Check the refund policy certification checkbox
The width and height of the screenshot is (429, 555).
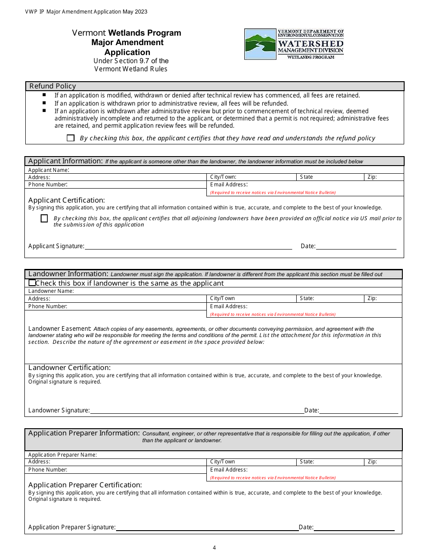click(x=70, y=138)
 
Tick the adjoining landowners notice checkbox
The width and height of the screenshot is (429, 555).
click(x=44, y=218)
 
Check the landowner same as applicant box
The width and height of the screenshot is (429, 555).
click(x=32, y=283)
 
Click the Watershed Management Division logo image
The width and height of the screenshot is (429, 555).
click(x=294, y=44)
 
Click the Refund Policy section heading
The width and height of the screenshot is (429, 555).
click(x=52, y=86)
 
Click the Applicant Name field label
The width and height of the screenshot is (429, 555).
click(x=49, y=170)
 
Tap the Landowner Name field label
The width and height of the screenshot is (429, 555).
click(x=51, y=291)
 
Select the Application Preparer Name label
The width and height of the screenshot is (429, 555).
click(x=62, y=455)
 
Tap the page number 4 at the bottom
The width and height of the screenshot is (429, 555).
click(x=214, y=548)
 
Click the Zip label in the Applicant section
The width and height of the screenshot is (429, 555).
click(x=372, y=177)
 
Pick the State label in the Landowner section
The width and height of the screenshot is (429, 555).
click(x=307, y=298)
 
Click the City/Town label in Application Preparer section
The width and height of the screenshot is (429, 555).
click(x=223, y=462)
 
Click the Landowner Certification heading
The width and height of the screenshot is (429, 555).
click(x=70, y=368)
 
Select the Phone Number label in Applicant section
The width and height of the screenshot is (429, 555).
click(x=48, y=185)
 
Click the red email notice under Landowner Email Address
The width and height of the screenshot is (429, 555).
click(x=273, y=314)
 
